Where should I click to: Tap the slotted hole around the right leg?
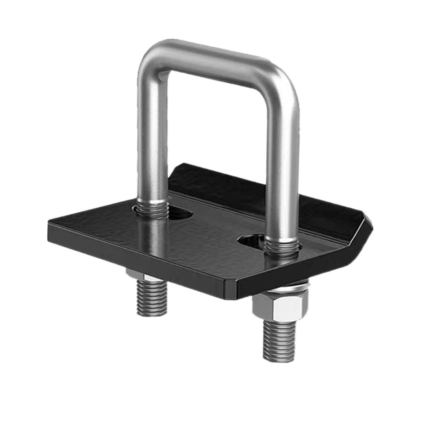(249, 240)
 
